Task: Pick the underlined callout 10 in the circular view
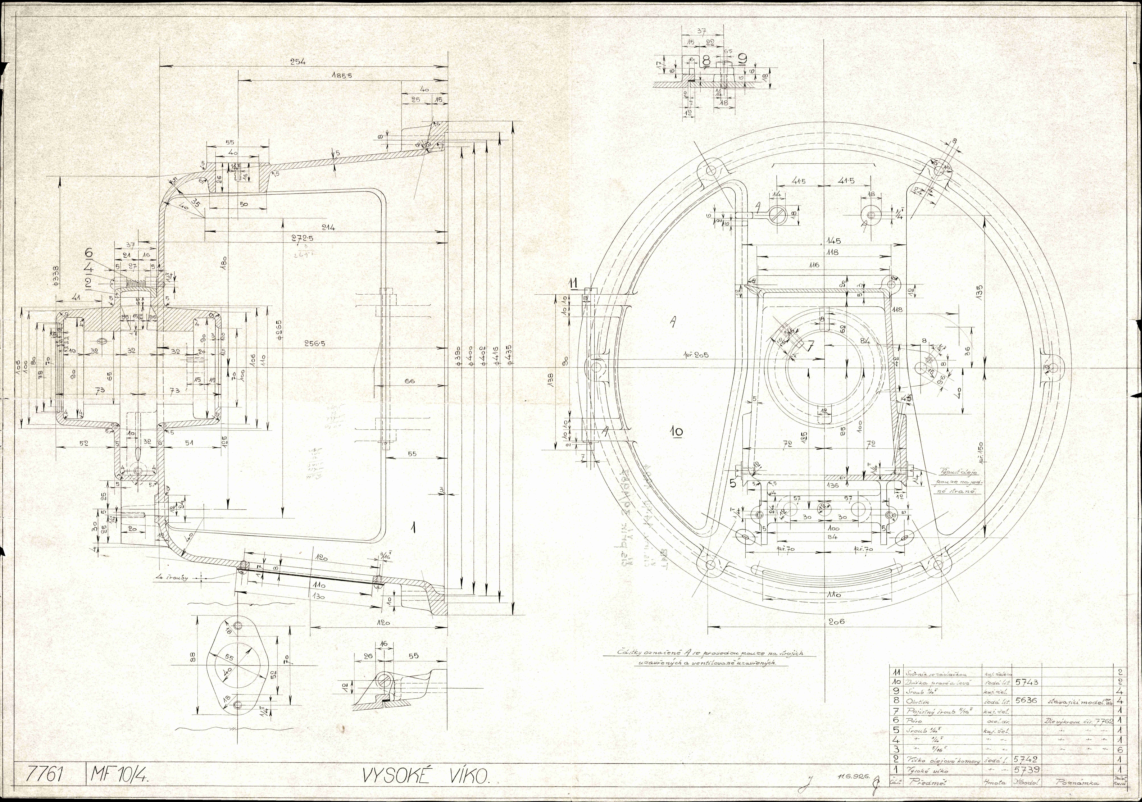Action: (677, 432)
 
